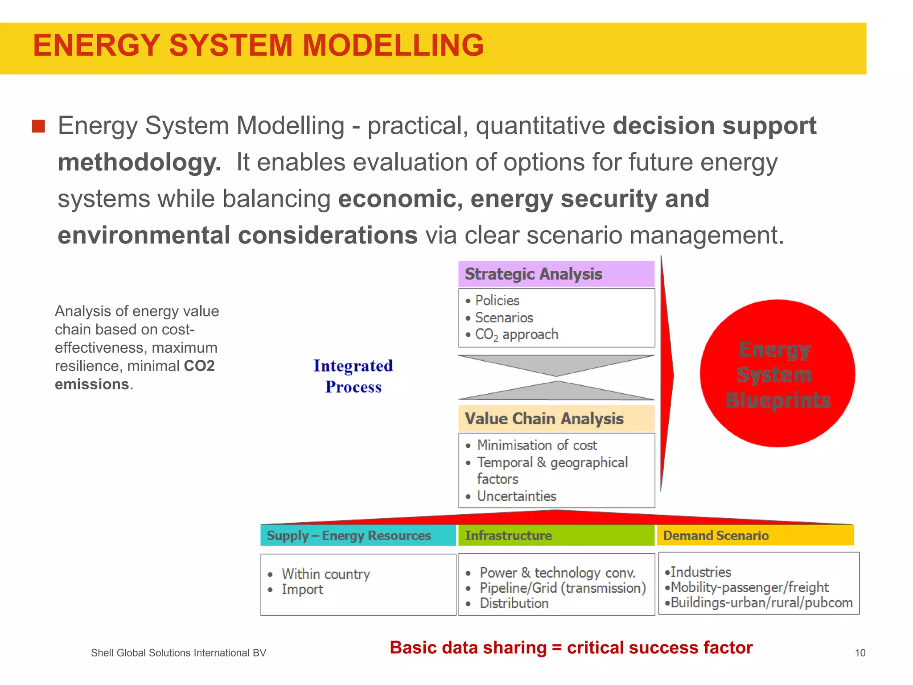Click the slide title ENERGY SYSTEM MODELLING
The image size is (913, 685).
258,46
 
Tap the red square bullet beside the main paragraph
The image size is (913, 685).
38,126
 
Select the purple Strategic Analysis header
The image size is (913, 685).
533,274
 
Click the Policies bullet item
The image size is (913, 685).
497,301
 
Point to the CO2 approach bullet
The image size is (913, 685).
516,334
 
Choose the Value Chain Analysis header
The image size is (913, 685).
544,418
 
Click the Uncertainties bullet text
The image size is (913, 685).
516,496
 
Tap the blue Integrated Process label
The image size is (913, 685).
353,376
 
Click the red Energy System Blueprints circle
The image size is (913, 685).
777,374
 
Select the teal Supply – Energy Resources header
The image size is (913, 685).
349,536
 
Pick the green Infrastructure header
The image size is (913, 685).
508,536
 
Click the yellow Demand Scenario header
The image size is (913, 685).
716,536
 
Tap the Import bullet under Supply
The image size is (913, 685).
302,590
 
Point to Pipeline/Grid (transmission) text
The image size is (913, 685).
563,588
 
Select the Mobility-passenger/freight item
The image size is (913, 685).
749,587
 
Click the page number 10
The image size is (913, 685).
860,653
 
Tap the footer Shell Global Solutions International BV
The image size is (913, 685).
178,653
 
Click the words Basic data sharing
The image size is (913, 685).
468,648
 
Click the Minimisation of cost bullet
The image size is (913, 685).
537,445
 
